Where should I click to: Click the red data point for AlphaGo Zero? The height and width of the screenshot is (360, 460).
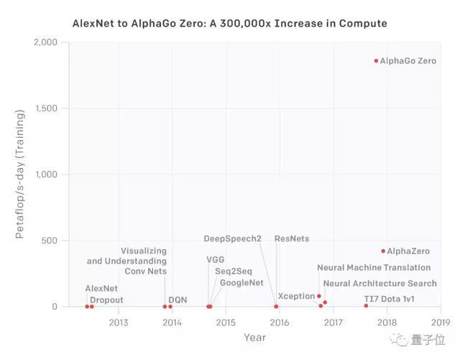[x=375, y=61]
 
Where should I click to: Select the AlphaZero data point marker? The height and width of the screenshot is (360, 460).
[x=383, y=251]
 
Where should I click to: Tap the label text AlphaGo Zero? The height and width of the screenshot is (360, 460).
[x=408, y=61]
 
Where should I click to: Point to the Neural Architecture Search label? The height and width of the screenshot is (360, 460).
[x=379, y=284]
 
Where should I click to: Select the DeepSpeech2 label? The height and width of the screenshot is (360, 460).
[x=232, y=239]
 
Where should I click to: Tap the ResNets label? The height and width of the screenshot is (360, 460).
[x=292, y=239]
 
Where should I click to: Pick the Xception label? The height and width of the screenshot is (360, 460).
[x=296, y=296]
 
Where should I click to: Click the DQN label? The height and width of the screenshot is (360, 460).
[x=177, y=300]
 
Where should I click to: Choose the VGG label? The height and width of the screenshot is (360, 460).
[x=216, y=259]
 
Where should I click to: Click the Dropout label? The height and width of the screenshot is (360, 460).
[x=106, y=300]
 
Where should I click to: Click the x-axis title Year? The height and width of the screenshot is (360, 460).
[x=254, y=337]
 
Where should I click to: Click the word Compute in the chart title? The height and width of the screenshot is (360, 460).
[x=362, y=24]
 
